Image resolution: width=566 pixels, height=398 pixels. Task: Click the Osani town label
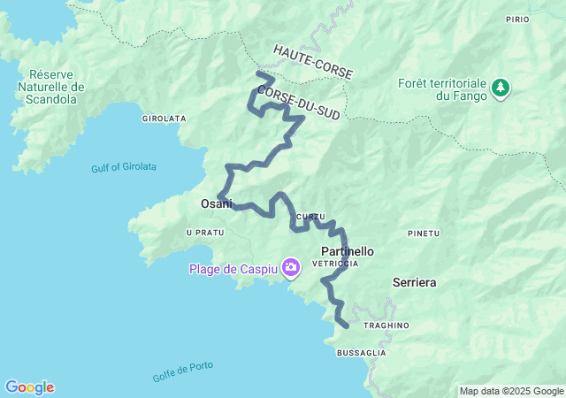216,203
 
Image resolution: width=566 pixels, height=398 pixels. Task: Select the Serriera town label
414,283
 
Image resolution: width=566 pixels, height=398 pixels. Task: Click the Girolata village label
164,118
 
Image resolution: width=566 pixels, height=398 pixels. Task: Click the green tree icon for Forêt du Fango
501,87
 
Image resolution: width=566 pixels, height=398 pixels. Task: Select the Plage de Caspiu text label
232,268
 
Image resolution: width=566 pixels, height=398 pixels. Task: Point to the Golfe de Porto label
183,371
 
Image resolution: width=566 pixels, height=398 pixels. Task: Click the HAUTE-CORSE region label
312,63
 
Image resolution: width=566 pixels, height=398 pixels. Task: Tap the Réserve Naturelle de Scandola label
51,87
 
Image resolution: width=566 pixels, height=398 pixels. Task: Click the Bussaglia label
361,352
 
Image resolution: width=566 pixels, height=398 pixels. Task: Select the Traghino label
386,325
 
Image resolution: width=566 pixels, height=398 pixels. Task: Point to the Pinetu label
423,233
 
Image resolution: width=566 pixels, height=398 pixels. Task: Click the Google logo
29,387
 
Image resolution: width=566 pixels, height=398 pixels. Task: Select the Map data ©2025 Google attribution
510,391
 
